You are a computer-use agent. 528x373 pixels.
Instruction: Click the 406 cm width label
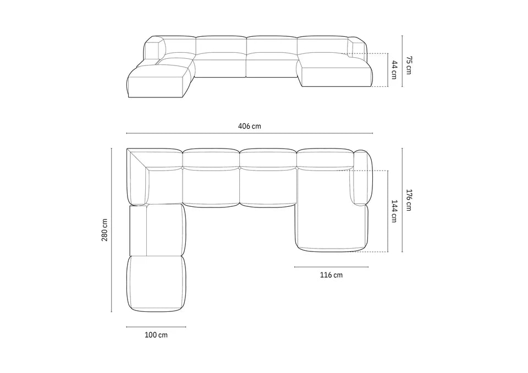click(x=249, y=126)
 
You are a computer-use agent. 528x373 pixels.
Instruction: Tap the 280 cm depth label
click(x=105, y=229)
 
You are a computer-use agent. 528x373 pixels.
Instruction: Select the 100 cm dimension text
click(x=156, y=335)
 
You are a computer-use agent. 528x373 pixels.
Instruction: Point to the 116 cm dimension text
click(x=331, y=275)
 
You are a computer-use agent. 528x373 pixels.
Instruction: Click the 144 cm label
click(x=394, y=210)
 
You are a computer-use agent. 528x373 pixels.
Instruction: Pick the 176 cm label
click(x=409, y=200)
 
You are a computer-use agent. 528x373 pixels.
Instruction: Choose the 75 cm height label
click(x=409, y=62)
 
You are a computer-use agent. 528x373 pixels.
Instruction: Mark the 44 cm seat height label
click(x=394, y=70)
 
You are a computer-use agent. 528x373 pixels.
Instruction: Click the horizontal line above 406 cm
click(x=249, y=133)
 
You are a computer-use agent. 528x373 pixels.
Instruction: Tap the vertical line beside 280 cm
click(x=112, y=229)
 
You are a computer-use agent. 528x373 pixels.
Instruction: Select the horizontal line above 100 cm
click(x=156, y=327)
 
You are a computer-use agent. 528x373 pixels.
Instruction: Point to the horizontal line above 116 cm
click(x=323, y=267)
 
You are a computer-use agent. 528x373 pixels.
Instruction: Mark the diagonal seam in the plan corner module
click(x=139, y=160)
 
